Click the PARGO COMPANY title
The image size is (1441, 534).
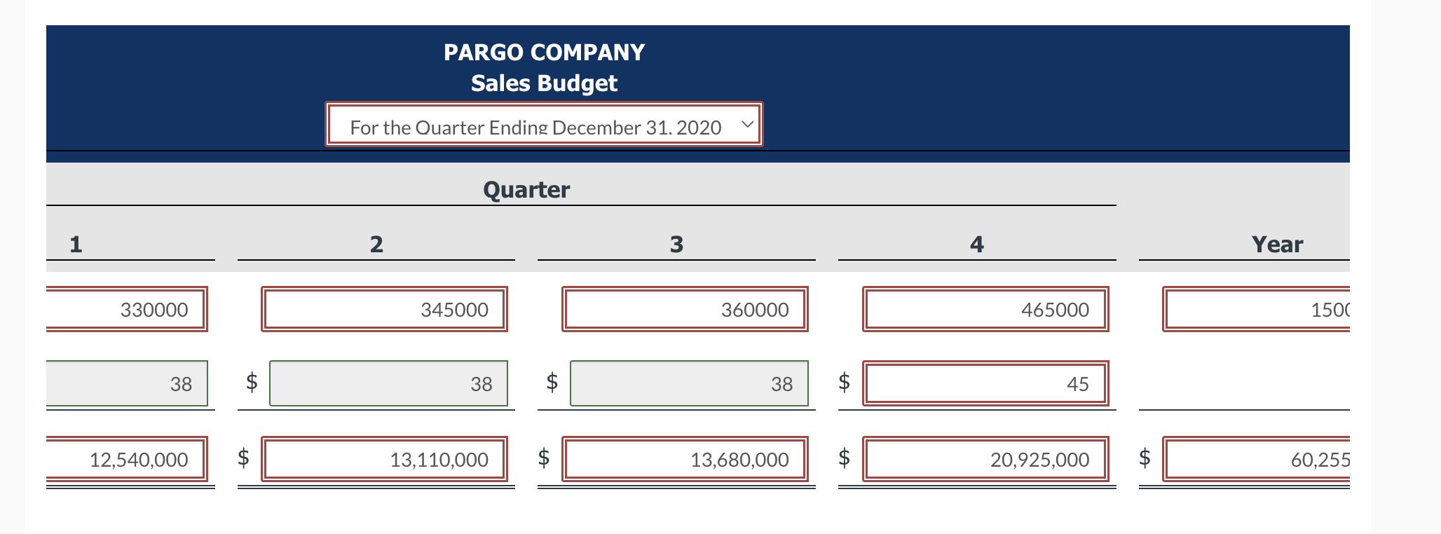point(544,53)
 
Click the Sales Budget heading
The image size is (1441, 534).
point(544,83)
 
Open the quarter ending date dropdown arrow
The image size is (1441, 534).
point(747,125)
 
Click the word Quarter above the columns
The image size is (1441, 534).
point(526,190)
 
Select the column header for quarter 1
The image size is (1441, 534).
point(76,245)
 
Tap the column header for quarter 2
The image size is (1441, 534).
point(376,245)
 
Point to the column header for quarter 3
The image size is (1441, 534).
point(676,245)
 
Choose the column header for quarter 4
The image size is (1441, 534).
point(977,245)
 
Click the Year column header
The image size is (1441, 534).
point(1277,245)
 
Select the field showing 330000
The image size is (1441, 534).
point(126,309)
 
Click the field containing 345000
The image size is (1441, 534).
point(384,309)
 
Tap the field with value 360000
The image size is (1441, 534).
point(685,309)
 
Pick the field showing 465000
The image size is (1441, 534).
point(985,309)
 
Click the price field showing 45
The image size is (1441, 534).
point(985,383)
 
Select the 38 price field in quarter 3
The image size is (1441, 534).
point(689,383)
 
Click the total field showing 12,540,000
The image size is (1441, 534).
point(126,459)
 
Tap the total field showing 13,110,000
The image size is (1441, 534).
point(384,459)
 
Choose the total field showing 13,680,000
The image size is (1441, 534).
point(685,459)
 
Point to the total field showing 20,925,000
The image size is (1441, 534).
point(985,459)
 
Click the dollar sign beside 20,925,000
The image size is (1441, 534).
point(845,458)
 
